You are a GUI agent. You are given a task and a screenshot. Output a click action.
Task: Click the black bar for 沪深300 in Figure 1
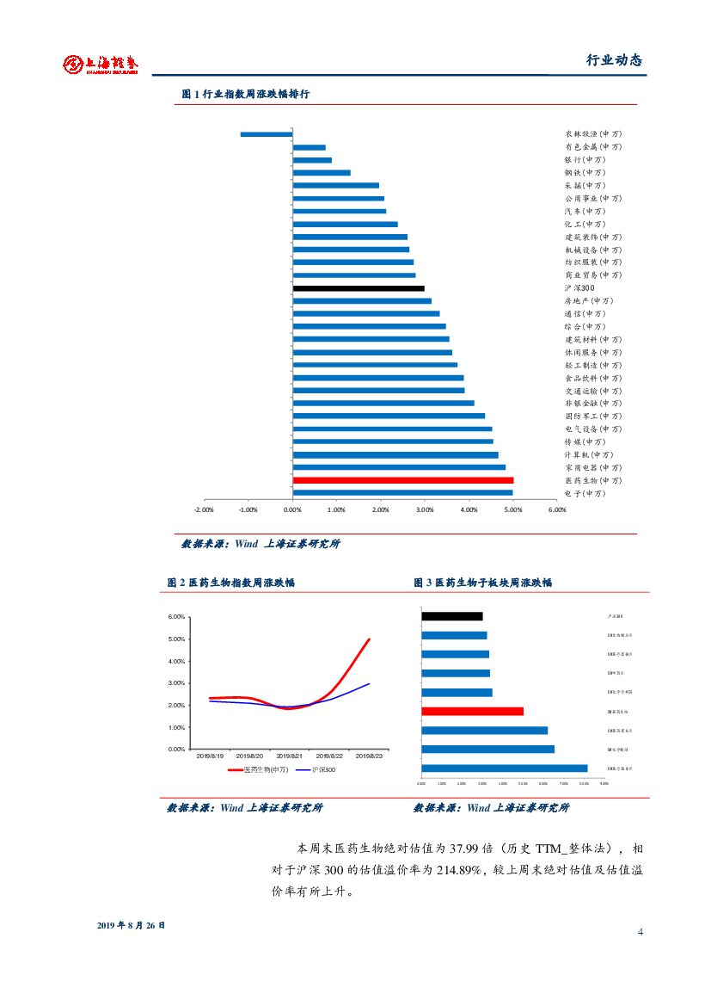click(359, 288)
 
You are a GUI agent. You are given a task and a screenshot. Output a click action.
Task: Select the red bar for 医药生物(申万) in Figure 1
click(403, 480)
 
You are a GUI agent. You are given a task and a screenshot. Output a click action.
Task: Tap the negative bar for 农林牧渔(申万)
click(267, 134)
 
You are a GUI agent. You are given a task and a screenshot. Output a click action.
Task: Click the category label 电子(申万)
click(585, 493)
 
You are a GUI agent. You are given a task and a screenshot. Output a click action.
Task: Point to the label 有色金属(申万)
click(593, 147)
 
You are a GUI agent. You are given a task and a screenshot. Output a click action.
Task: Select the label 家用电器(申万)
click(593, 467)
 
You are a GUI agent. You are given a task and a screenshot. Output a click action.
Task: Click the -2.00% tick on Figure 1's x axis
click(204, 509)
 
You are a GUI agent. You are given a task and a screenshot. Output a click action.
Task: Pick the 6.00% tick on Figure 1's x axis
click(557, 509)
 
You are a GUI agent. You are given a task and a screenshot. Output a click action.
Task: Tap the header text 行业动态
click(614, 60)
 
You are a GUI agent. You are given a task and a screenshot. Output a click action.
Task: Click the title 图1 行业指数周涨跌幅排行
click(246, 95)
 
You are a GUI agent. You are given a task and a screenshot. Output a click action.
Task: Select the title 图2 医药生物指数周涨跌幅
click(231, 583)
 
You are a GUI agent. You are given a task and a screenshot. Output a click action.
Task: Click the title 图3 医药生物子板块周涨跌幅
click(483, 583)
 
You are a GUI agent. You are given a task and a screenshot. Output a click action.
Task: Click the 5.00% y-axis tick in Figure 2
click(175, 639)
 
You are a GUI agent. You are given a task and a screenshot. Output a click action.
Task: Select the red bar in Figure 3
click(472, 712)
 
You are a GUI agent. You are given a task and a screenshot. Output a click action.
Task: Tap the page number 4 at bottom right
click(641, 932)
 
